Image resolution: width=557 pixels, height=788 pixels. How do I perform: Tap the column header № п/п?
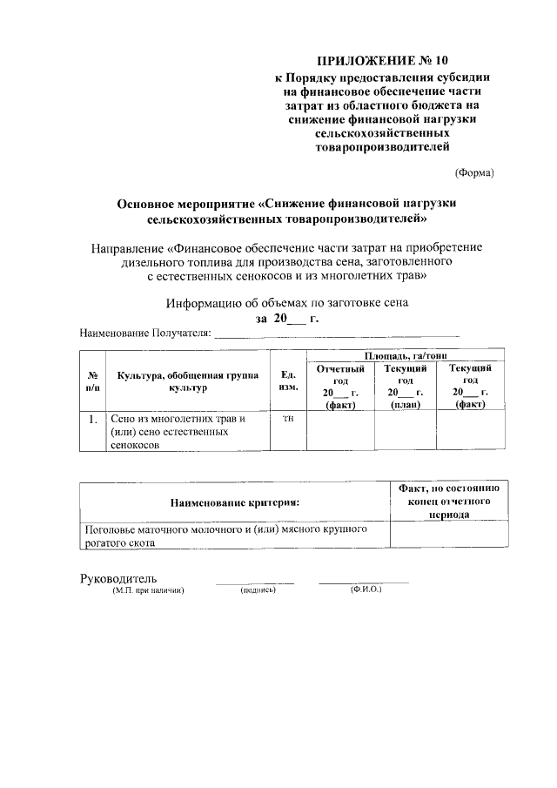[91, 381]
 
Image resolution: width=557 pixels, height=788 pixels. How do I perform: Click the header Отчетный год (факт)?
[339, 387]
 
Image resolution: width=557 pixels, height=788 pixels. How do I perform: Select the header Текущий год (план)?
[405, 387]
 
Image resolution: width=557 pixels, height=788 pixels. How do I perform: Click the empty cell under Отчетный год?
[339, 431]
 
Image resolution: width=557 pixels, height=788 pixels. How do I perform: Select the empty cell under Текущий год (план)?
[405, 431]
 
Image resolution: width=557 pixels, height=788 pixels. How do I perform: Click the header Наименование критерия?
[234, 502]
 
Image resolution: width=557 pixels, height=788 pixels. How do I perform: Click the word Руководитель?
[117, 579]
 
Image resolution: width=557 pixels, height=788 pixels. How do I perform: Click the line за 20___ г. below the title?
[287, 319]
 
